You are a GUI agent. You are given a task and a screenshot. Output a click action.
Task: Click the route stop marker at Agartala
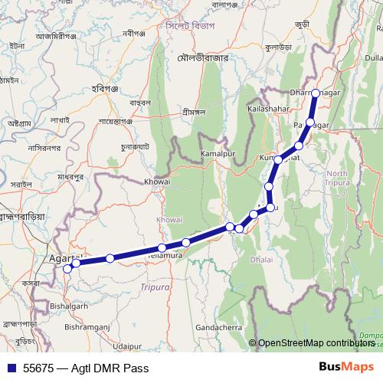click(67, 268)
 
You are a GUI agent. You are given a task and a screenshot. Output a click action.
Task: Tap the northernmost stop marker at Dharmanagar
click(316, 94)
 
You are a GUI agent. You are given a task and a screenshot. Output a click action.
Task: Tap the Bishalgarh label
click(67, 304)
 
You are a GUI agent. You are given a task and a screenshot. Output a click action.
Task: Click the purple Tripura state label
click(156, 287)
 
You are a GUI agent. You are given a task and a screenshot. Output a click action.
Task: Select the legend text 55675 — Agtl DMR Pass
click(84, 368)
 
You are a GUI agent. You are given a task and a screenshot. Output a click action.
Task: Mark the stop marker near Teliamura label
click(162, 247)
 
